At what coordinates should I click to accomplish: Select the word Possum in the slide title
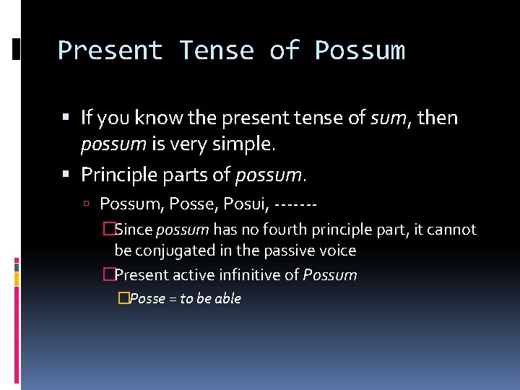[360, 51]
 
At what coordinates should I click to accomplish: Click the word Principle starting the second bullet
[119, 175]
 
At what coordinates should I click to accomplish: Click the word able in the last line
[227, 298]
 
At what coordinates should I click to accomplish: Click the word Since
[134, 230]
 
